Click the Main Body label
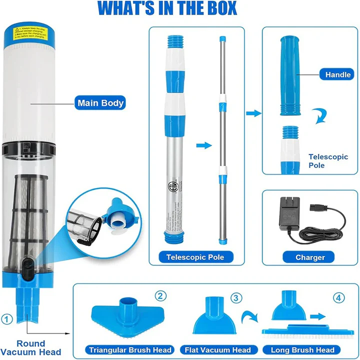pos(100,103)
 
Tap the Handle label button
pos(338,74)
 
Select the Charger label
pos(310,257)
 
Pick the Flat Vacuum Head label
pos(217,350)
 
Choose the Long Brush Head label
pos(302,350)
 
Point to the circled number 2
pos(160,296)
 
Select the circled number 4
pos(340,298)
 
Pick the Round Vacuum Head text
pos(30,347)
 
